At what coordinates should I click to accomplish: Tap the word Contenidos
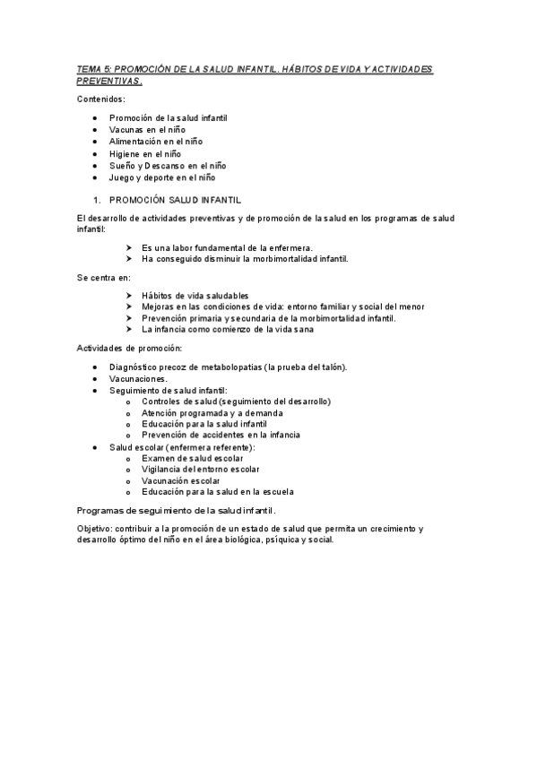pyautogui.click(x=100, y=99)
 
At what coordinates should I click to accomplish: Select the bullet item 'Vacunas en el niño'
pyautogui.click(x=147, y=130)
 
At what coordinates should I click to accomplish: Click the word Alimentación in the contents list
pyautogui.click(x=134, y=142)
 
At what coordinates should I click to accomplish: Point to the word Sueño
pyautogui.click(x=122, y=165)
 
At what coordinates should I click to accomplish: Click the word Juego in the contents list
pyautogui.click(x=122, y=177)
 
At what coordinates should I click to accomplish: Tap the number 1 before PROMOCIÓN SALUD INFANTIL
pyautogui.click(x=96, y=200)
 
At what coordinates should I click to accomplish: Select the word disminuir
pyautogui.click(x=222, y=258)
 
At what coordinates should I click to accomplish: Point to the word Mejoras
pyautogui.click(x=159, y=307)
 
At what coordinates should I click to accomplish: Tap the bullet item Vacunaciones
pyautogui.click(x=137, y=378)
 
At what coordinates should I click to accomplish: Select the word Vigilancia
pyautogui.click(x=161, y=469)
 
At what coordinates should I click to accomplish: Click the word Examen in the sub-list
pyautogui.click(x=159, y=457)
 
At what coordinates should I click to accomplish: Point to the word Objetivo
pyautogui.click(x=95, y=529)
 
